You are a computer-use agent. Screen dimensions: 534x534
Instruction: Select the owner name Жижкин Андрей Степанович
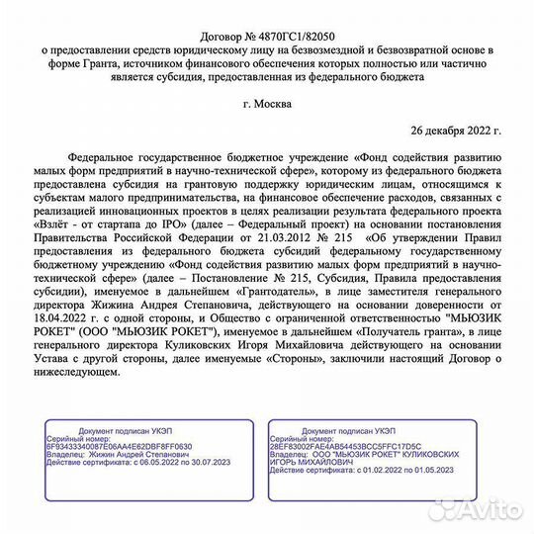tap(133, 456)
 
